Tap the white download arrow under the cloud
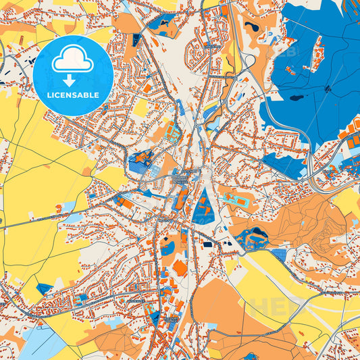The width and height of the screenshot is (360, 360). tap(73, 80)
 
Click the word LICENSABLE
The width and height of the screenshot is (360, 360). tap(73, 95)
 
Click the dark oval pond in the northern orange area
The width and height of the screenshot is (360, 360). tap(251, 26)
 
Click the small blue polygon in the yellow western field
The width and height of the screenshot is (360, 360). tap(45, 289)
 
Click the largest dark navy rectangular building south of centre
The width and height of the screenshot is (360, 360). tap(208, 243)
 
